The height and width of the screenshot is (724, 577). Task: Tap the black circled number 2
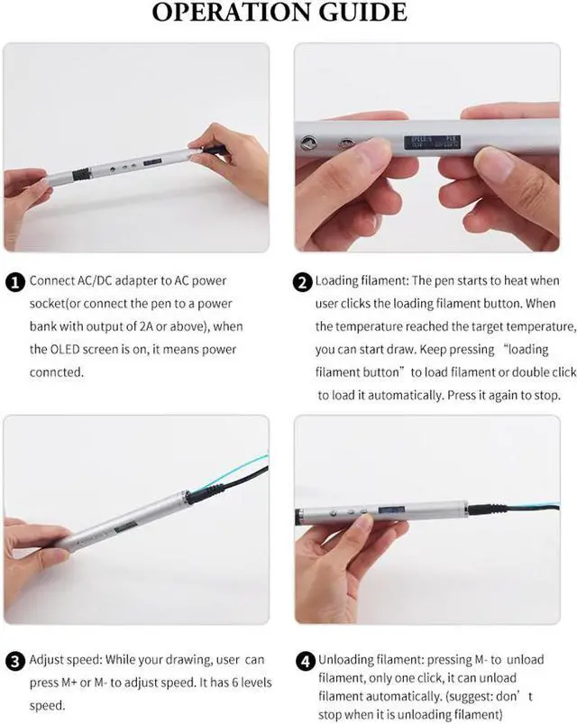pyautogui.click(x=303, y=282)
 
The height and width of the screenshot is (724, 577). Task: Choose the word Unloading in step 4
pyautogui.click(x=343, y=661)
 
